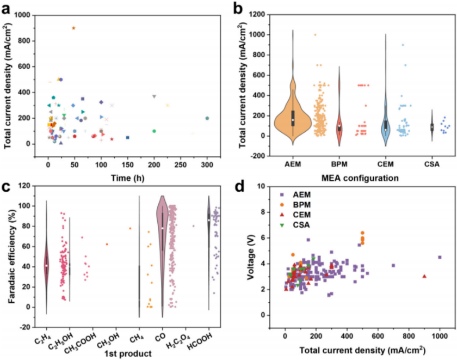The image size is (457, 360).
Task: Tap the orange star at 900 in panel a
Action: coord(73,28)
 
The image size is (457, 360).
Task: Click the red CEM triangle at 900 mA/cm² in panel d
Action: coord(424,276)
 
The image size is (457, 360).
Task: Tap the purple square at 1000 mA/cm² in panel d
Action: coord(440,257)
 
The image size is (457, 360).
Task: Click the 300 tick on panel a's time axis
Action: coord(207,162)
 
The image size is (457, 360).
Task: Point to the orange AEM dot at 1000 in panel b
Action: coord(315,35)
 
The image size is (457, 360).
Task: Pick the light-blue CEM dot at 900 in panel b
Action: coord(403,45)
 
